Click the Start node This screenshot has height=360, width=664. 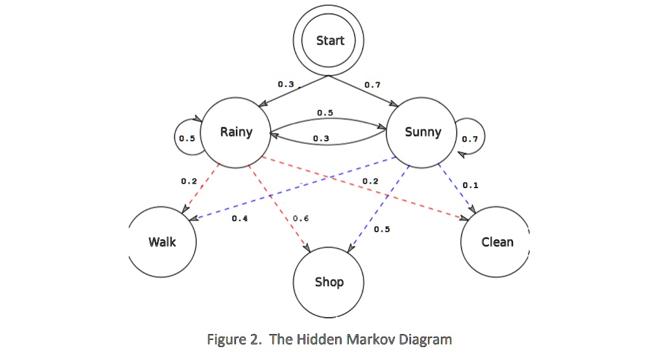(330, 40)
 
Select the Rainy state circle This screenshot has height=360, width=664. (236, 132)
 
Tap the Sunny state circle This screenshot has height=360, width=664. (422, 132)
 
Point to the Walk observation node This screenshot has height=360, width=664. (162, 242)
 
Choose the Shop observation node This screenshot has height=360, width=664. (329, 282)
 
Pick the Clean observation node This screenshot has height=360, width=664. (497, 242)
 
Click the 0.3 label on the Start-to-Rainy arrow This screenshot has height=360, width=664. (285, 84)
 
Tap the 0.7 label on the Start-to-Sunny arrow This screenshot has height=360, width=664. (372, 84)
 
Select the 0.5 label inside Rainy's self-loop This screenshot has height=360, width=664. (187, 138)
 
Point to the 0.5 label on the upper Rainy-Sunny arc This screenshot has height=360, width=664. (325, 113)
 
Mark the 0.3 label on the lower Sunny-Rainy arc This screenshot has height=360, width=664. (320, 139)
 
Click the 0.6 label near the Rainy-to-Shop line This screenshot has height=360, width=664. (300, 219)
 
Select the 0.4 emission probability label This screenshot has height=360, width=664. (240, 219)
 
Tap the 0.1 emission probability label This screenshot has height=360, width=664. (471, 185)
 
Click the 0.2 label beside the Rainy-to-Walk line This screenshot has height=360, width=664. (189, 181)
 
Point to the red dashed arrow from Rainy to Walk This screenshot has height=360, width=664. (202, 187)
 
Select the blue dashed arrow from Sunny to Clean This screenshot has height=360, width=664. (456, 187)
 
